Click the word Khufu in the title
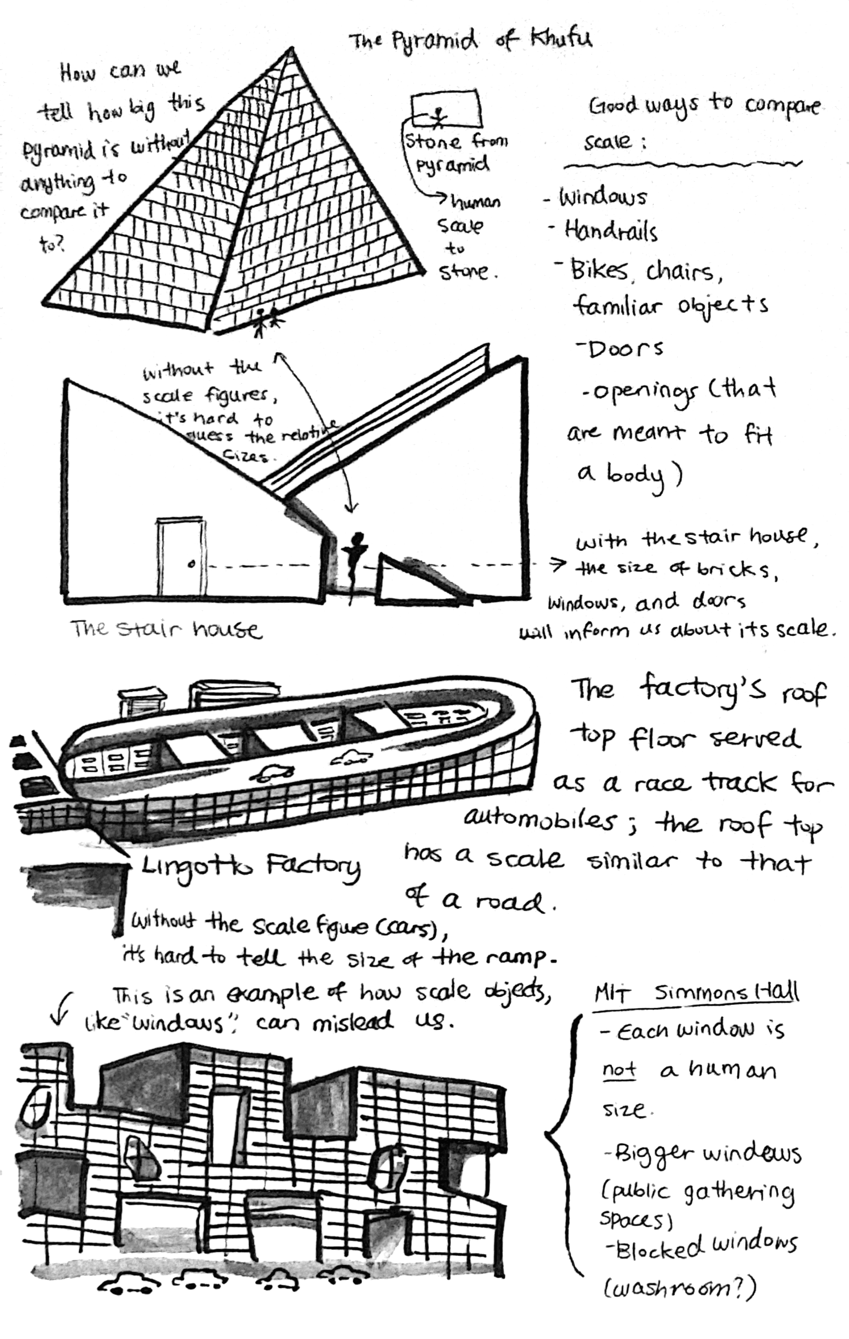click(561, 40)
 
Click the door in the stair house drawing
click(180, 556)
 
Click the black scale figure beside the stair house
click(354, 561)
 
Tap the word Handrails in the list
click(610, 231)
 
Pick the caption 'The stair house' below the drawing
click(166, 629)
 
